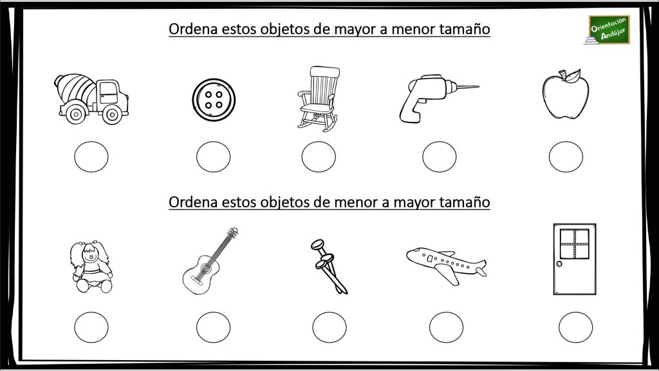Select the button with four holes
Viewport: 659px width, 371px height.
click(x=211, y=100)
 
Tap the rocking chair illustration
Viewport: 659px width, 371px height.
click(x=318, y=99)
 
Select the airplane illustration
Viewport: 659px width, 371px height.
click(x=447, y=263)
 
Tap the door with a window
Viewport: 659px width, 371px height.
click(x=574, y=259)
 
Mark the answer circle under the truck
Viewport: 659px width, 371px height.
click(x=91, y=157)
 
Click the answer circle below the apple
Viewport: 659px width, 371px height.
click(x=566, y=157)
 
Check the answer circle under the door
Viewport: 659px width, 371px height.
click(x=575, y=327)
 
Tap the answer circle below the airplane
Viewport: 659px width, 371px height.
click(x=446, y=327)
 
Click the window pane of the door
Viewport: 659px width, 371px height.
click(x=574, y=243)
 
